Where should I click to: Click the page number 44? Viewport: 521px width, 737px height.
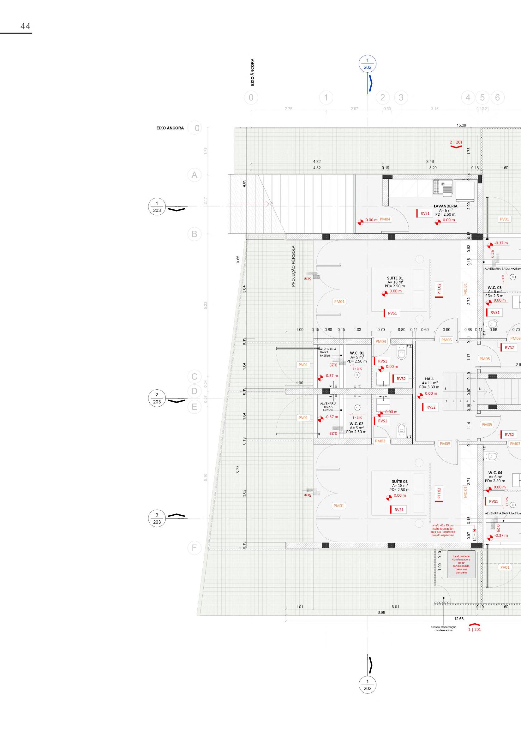click(x=25, y=26)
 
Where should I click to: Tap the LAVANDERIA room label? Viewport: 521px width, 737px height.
click(x=445, y=206)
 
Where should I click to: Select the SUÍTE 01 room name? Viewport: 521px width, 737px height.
click(x=395, y=278)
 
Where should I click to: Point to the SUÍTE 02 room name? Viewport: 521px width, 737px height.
click(x=400, y=481)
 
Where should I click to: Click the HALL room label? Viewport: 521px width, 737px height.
click(x=429, y=379)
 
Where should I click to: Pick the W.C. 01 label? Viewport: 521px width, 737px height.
click(x=357, y=353)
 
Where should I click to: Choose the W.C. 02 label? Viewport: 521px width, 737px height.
click(x=356, y=424)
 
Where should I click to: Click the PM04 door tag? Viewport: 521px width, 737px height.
click(x=385, y=219)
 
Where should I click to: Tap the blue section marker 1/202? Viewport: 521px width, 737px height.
click(x=368, y=63)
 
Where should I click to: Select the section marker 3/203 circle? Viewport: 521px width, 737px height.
click(x=157, y=518)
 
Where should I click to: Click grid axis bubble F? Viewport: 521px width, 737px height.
click(x=194, y=548)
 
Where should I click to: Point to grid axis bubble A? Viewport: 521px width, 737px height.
click(x=194, y=175)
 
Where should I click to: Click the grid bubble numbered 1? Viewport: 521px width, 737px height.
click(x=326, y=98)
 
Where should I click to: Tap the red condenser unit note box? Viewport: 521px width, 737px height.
click(x=461, y=564)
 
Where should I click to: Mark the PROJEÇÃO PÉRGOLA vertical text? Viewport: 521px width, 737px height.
click(x=293, y=266)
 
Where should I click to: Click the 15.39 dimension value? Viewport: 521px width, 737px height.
click(x=461, y=125)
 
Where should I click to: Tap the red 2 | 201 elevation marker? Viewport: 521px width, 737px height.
click(x=456, y=143)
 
